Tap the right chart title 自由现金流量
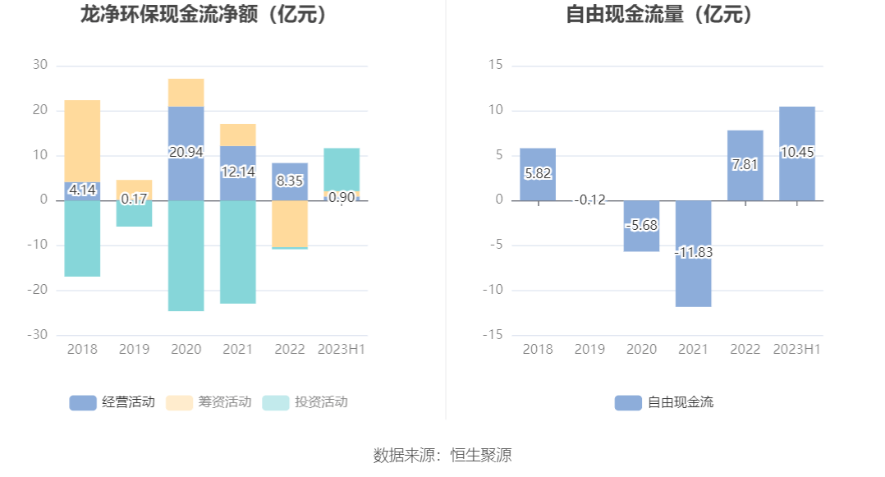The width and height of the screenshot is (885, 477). [660, 14]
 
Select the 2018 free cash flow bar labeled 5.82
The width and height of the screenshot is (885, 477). [538, 174]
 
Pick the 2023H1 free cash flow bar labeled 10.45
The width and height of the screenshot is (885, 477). [797, 153]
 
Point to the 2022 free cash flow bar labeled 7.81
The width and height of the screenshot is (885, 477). [745, 165]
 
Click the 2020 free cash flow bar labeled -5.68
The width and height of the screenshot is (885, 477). [641, 225]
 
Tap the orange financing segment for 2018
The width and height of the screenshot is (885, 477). [82, 140]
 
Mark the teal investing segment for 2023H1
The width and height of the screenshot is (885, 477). [342, 169]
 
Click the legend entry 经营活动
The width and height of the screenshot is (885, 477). [112, 402]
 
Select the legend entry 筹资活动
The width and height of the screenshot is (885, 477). [209, 402]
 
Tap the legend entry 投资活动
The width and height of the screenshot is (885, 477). [305, 402]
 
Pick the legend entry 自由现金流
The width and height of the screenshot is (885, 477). [664, 402]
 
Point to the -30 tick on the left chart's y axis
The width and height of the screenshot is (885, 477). [39, 335]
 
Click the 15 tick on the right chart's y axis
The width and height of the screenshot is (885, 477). [496, 65]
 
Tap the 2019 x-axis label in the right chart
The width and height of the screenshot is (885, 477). [589, 349]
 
